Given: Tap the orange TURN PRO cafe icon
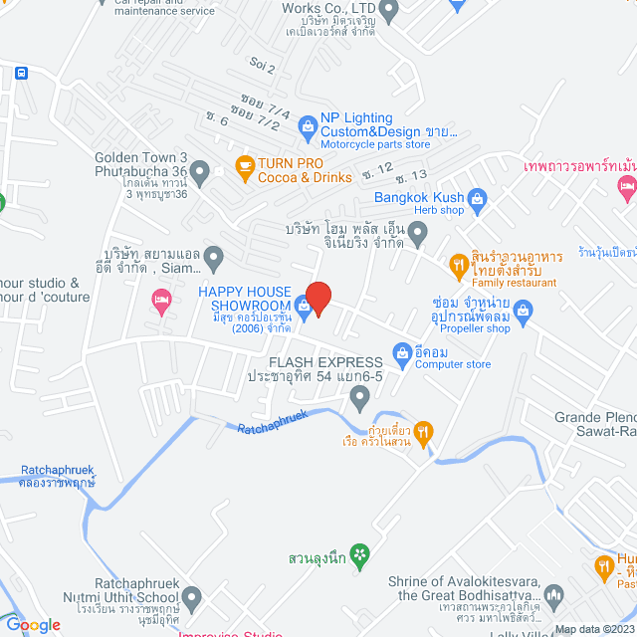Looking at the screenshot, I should (243, 165).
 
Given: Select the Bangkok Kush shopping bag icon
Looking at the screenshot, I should (478, 198).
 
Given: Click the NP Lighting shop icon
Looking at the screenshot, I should (309, 125).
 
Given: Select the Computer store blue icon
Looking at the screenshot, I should (402, 350).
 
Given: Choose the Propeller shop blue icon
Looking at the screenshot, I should (524, 316).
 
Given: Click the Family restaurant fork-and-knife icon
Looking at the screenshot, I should (458, 264).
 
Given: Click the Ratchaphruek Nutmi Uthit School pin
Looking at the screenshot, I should (193, 597).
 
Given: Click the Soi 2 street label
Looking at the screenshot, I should (263, 66).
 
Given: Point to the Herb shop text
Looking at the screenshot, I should (439, 210).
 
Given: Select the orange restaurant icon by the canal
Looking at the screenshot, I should (423, 431).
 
